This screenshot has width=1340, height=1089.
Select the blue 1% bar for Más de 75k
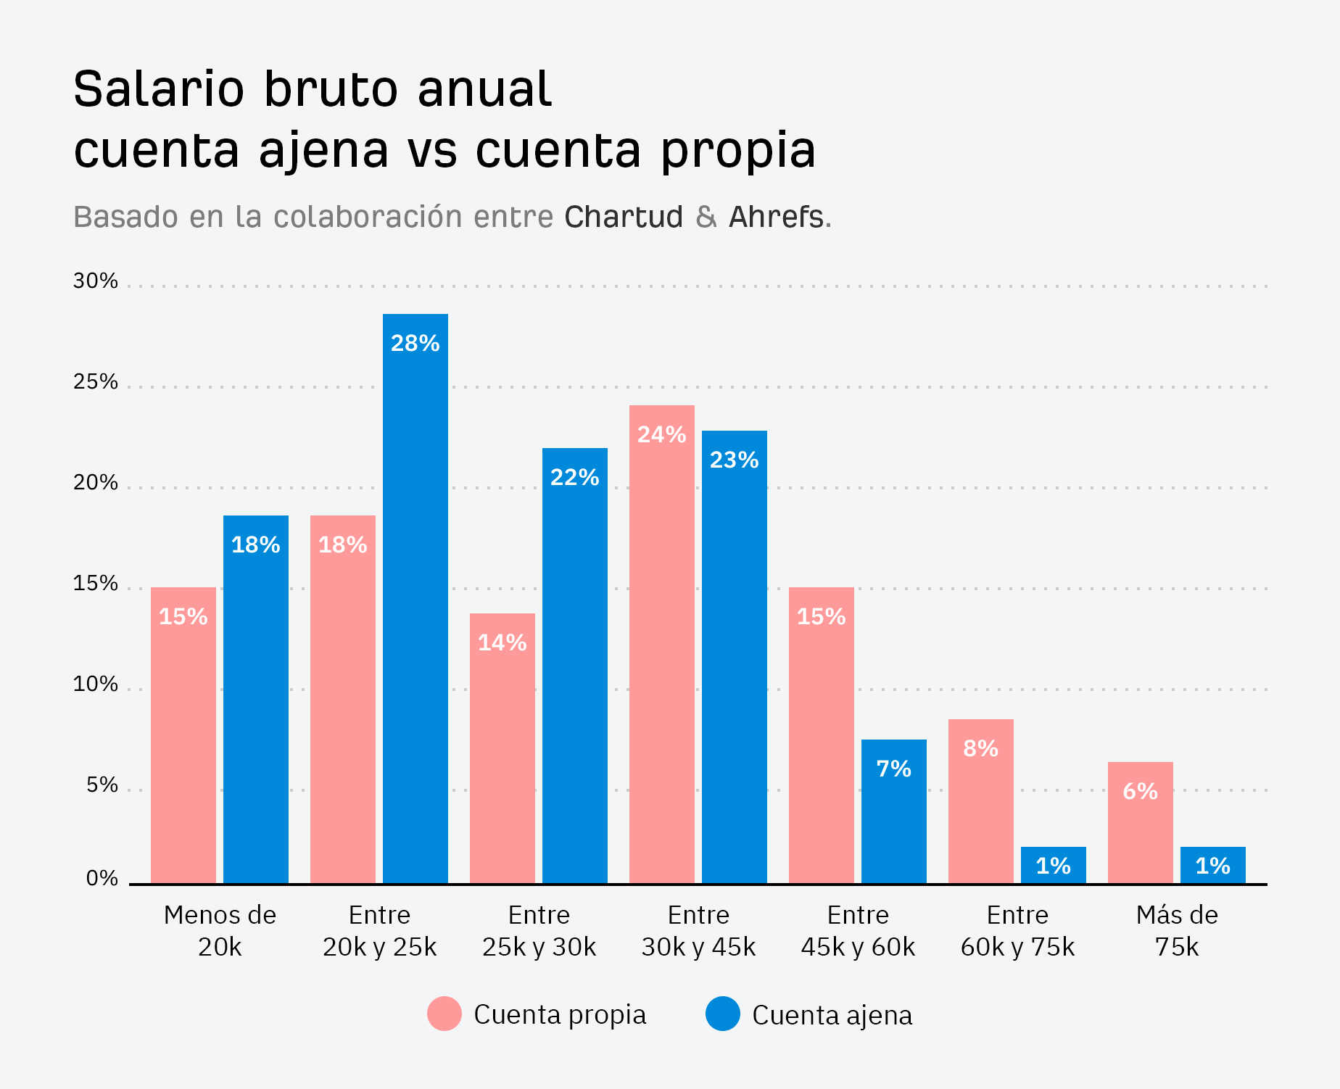click(x=1212, y=865)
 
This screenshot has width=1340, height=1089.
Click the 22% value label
click(x=574, y=477)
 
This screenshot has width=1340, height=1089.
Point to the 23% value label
click(x=734, y=460)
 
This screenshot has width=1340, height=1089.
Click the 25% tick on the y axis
click(x=95, y=381)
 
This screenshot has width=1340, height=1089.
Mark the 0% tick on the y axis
click(x=102, y=878)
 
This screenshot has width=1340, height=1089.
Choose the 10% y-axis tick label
click(x=95, y=684)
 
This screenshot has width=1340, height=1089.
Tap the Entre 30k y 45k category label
click(x=698, y=930)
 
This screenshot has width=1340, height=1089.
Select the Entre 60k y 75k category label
click(x=1017, y=930)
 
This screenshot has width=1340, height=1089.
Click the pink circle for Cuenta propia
click(x=444, y=1014)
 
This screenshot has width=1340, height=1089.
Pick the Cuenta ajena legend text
click(x=832, y=1015)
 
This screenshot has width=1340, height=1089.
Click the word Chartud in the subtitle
click(x=624, y=217)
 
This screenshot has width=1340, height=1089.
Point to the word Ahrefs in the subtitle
click(x=776, y=217)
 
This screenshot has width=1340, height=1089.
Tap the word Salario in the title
click(x=159, y=89)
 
